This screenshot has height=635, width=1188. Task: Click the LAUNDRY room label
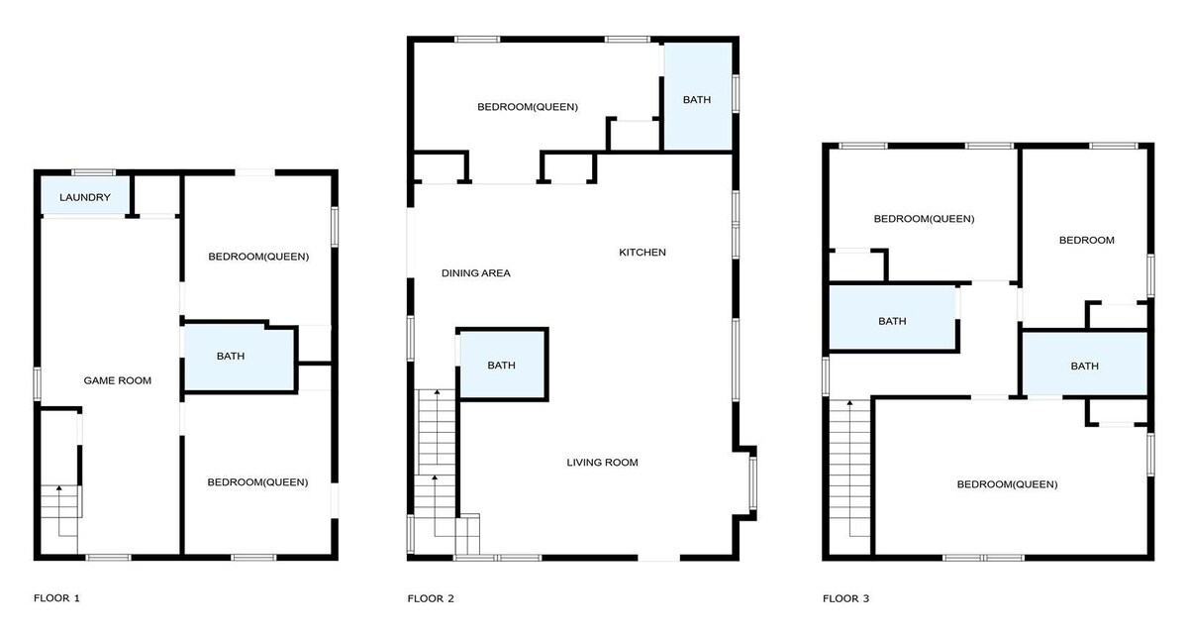(85, 197)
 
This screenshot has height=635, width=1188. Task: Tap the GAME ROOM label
(117, 380)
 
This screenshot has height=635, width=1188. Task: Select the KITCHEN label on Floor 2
(643, 252)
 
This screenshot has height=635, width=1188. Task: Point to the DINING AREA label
(476, 273)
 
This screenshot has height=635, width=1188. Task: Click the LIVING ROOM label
(602, 462)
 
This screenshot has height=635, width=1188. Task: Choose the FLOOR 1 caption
(56, 598)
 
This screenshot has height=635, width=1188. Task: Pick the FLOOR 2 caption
(431, 598)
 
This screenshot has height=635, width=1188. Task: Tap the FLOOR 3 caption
(845, 598)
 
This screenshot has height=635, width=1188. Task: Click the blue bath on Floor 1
(239, 358)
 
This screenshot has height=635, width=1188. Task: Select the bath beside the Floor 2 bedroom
(698, 96)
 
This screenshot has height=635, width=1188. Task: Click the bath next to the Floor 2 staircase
(502, 365)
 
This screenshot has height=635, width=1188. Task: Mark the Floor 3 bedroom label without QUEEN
(1086, 241)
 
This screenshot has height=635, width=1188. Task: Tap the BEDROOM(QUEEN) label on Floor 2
(527, 107)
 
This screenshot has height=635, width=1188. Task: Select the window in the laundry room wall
(93, 172)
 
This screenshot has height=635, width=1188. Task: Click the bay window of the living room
(753, 483)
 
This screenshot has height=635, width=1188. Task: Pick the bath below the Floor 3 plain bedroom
(1085, 364)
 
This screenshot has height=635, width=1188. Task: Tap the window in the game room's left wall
(38, 383)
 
